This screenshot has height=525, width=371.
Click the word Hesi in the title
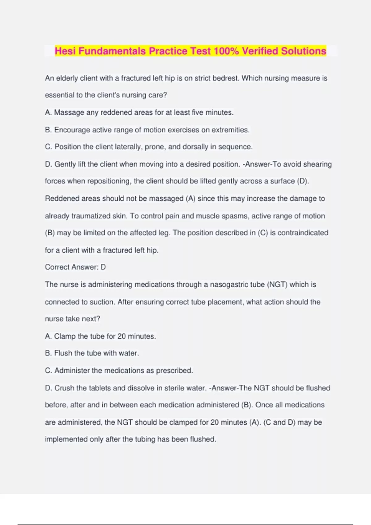coord(66,51)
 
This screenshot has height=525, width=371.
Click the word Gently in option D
coord(65,164)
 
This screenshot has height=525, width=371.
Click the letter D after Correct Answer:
coord(103,267)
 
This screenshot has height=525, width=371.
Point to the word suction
coord(101,302)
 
